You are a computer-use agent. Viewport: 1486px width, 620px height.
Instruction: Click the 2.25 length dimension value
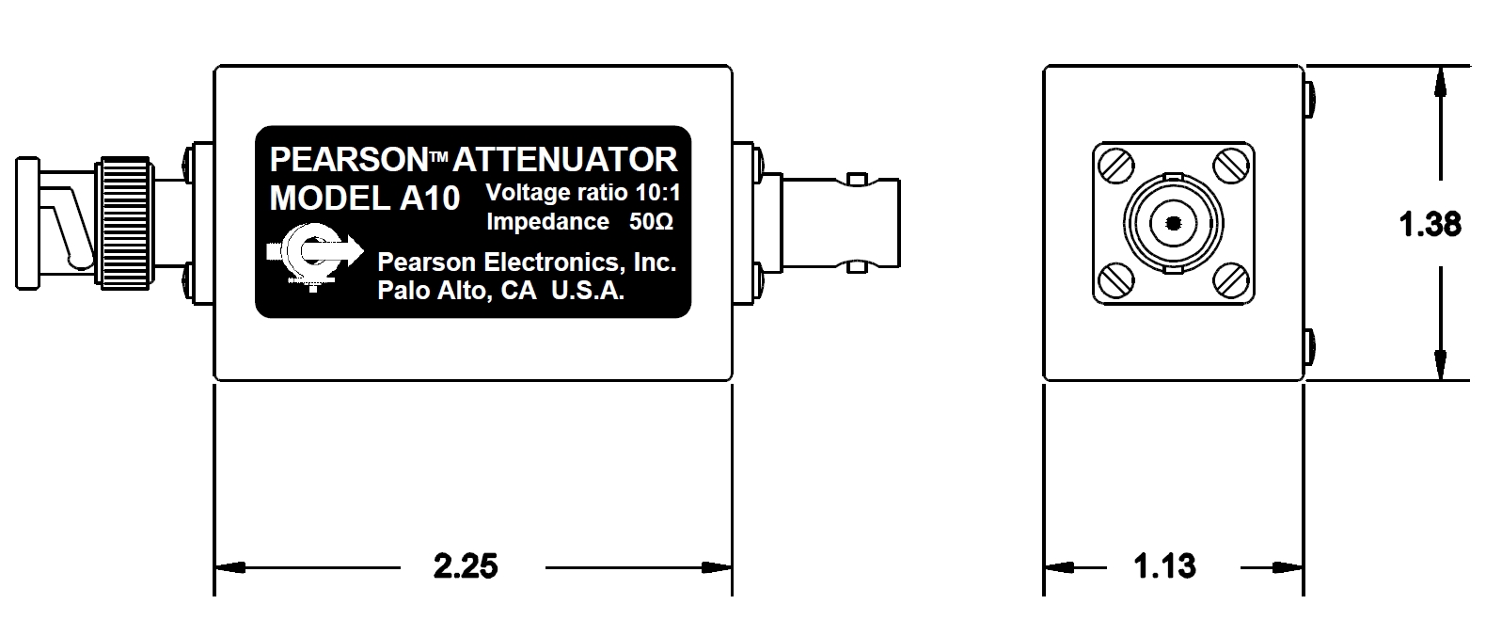point(465,566)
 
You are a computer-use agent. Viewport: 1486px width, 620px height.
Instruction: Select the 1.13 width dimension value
point(1164,566)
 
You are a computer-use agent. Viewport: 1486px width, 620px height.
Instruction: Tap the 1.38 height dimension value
point(1430,225)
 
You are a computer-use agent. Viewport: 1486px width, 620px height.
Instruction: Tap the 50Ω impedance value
point(650,222)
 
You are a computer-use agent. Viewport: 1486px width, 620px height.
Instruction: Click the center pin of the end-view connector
point(1173,223)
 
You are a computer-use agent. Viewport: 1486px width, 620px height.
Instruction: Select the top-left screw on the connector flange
point(1116,167)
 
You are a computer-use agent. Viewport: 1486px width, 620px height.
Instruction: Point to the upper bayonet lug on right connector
point(855,178)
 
